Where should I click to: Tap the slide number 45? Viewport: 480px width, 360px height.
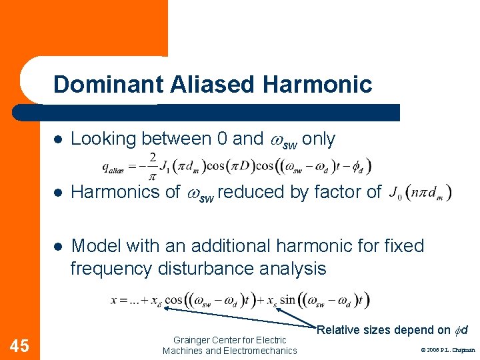[x=20, y=345]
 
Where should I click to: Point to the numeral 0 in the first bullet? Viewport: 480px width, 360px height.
[x=223, y=139]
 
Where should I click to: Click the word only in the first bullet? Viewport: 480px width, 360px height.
[x=319, y=139]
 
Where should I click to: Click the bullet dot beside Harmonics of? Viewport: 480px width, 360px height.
[x=58, y=193]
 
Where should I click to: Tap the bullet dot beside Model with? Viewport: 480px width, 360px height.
[x=58, y=246]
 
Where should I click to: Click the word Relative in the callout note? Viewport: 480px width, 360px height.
[x=337, y=330]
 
